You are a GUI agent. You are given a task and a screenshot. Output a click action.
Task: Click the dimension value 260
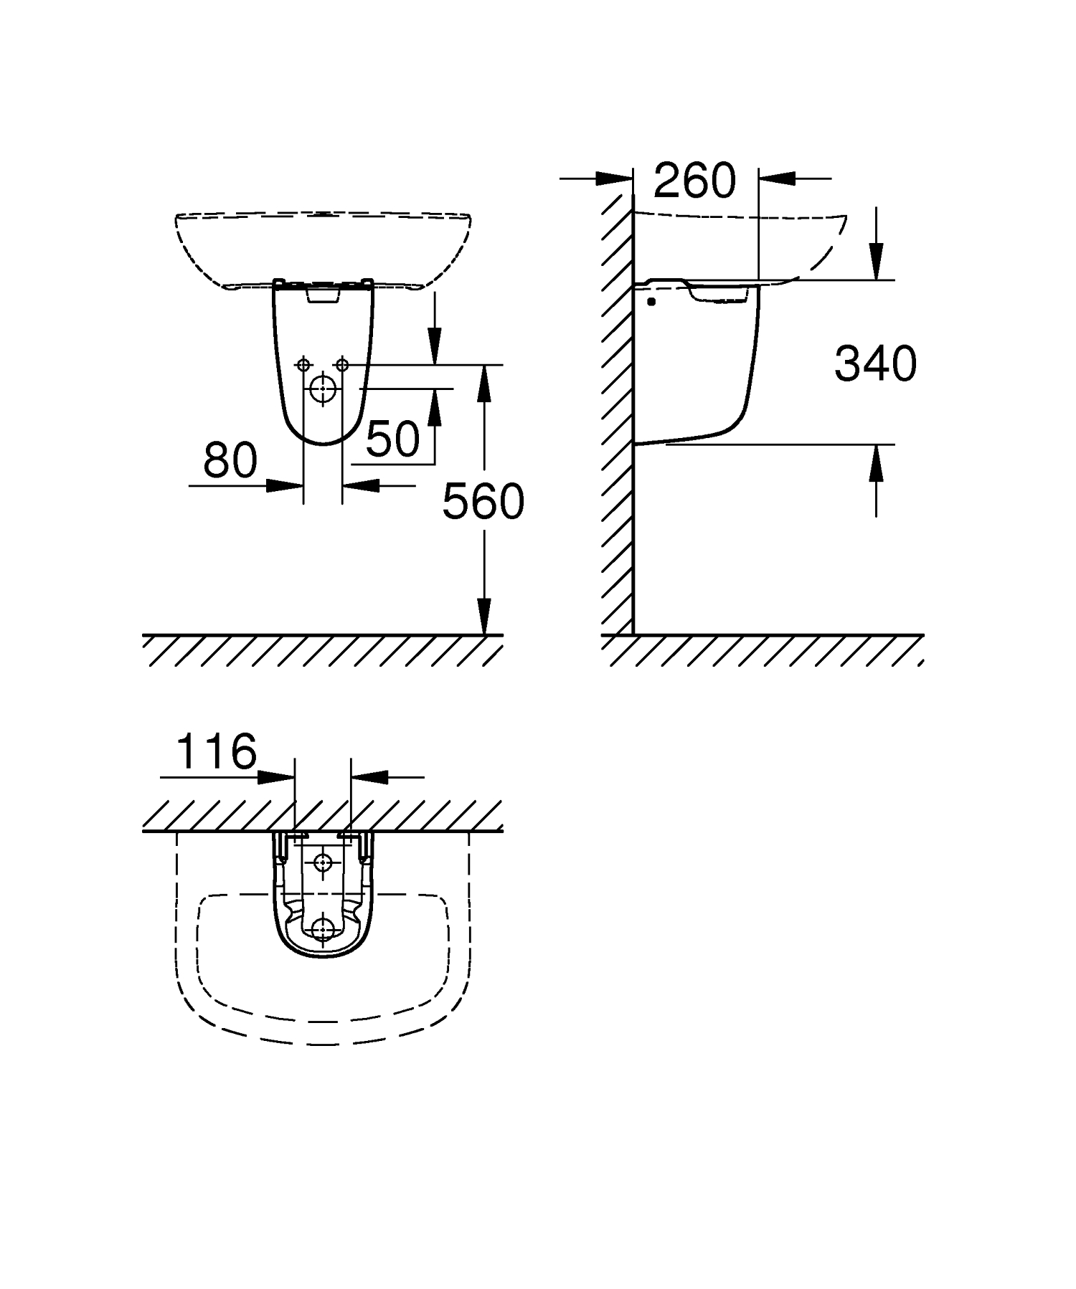(x=694, y=180)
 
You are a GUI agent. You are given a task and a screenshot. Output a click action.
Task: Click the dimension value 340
(x=875, y=363)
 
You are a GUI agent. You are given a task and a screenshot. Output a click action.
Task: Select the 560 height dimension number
(x=483, y=501)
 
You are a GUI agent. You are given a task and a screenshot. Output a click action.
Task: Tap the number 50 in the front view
(x=392, y=439)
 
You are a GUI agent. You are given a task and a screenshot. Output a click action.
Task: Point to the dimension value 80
(x=230, y=460)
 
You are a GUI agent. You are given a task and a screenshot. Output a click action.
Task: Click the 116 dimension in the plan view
(x=216, y=751)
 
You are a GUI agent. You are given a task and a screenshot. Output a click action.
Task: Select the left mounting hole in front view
(x=303, y=365)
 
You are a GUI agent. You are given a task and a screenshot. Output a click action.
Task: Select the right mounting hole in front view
(x=341, y=365)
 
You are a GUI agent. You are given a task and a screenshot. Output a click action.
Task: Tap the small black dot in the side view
(x=651, y=302)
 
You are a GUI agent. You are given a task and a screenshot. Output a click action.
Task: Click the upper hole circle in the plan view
(x=323, y=862)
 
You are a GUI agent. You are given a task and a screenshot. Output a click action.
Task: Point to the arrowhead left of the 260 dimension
(x=615, y=179)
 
